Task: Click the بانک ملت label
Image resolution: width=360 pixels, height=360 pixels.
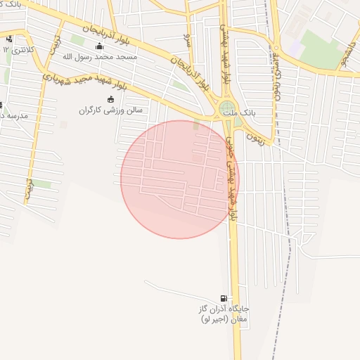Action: point(239,112)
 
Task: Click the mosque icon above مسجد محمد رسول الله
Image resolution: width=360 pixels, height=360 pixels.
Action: point(98,47)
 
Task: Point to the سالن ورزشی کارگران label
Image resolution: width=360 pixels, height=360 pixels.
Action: point(110,110)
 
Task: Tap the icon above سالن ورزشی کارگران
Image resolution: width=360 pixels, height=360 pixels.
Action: point(110,99)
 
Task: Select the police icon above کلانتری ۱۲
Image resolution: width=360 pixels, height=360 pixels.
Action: point(8,39)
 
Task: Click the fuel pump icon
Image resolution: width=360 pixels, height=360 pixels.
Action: point(224,298)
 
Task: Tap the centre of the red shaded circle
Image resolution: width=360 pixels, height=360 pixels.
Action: point(180,179)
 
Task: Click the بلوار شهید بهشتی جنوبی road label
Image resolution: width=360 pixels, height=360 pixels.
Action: point(229,176)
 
